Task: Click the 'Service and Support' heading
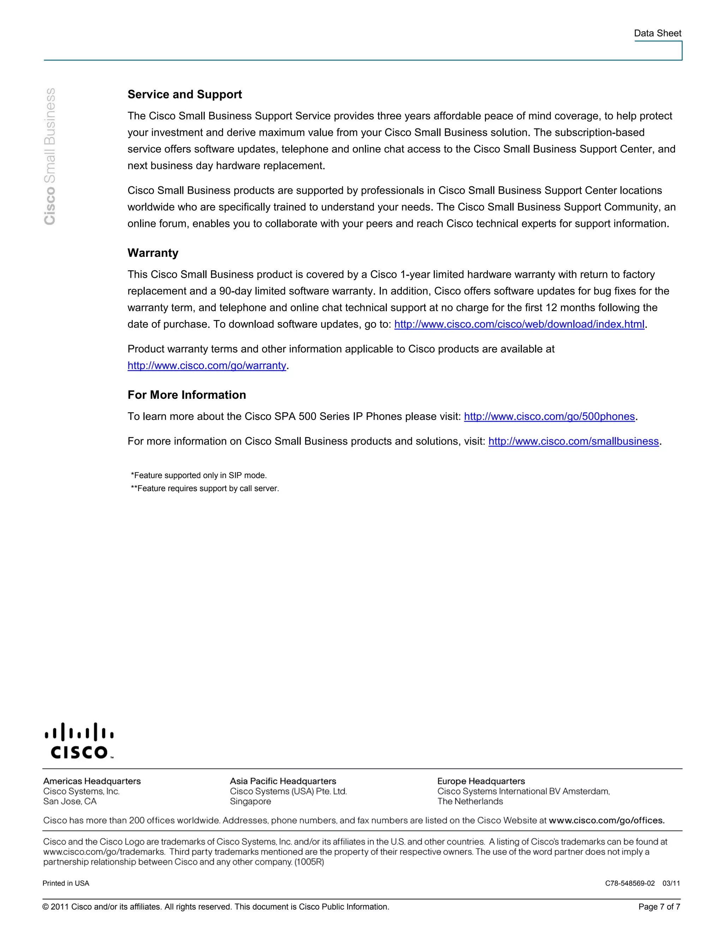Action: tap(185, 94)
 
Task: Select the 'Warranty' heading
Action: tap(153, 253)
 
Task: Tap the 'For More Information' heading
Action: tap(187, 395)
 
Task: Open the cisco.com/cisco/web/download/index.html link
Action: tap(519, 324)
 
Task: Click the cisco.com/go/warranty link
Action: tap(207, 366)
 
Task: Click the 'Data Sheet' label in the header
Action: tap(657, 34)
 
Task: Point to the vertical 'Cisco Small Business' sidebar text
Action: tap(50, 156)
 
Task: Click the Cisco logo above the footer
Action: tap(79, 741)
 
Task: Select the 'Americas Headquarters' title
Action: tap(92, 781)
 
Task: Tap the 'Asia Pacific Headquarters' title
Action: tap(283, 781)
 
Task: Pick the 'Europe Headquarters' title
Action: tap(481, 781)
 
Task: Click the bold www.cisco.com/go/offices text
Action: tap(607, 820)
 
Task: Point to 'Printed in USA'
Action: tap(66, 883)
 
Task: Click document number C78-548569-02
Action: tap(630, 883)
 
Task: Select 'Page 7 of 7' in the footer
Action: tap(659, 907)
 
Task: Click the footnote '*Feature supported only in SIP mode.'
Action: tap(199, 475)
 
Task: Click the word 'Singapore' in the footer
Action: tap(251, 801)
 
